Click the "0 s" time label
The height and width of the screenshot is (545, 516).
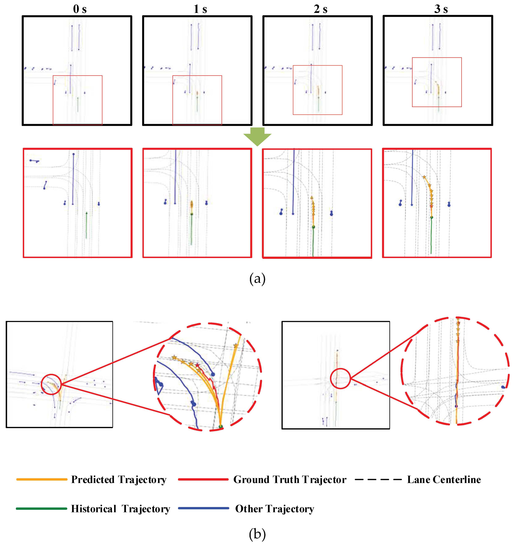coord(80,9)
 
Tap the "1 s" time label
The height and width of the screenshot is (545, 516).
coord(200,9)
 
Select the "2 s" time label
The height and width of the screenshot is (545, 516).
coord(320,9)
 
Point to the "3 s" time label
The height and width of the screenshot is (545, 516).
coord(441,9)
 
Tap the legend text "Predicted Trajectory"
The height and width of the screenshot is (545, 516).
coord(119,479)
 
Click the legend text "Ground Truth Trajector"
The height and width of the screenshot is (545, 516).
coord(290,479)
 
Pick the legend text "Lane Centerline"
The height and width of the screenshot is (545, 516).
coord(444,479)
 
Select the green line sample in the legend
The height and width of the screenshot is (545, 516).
coord(42,508)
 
